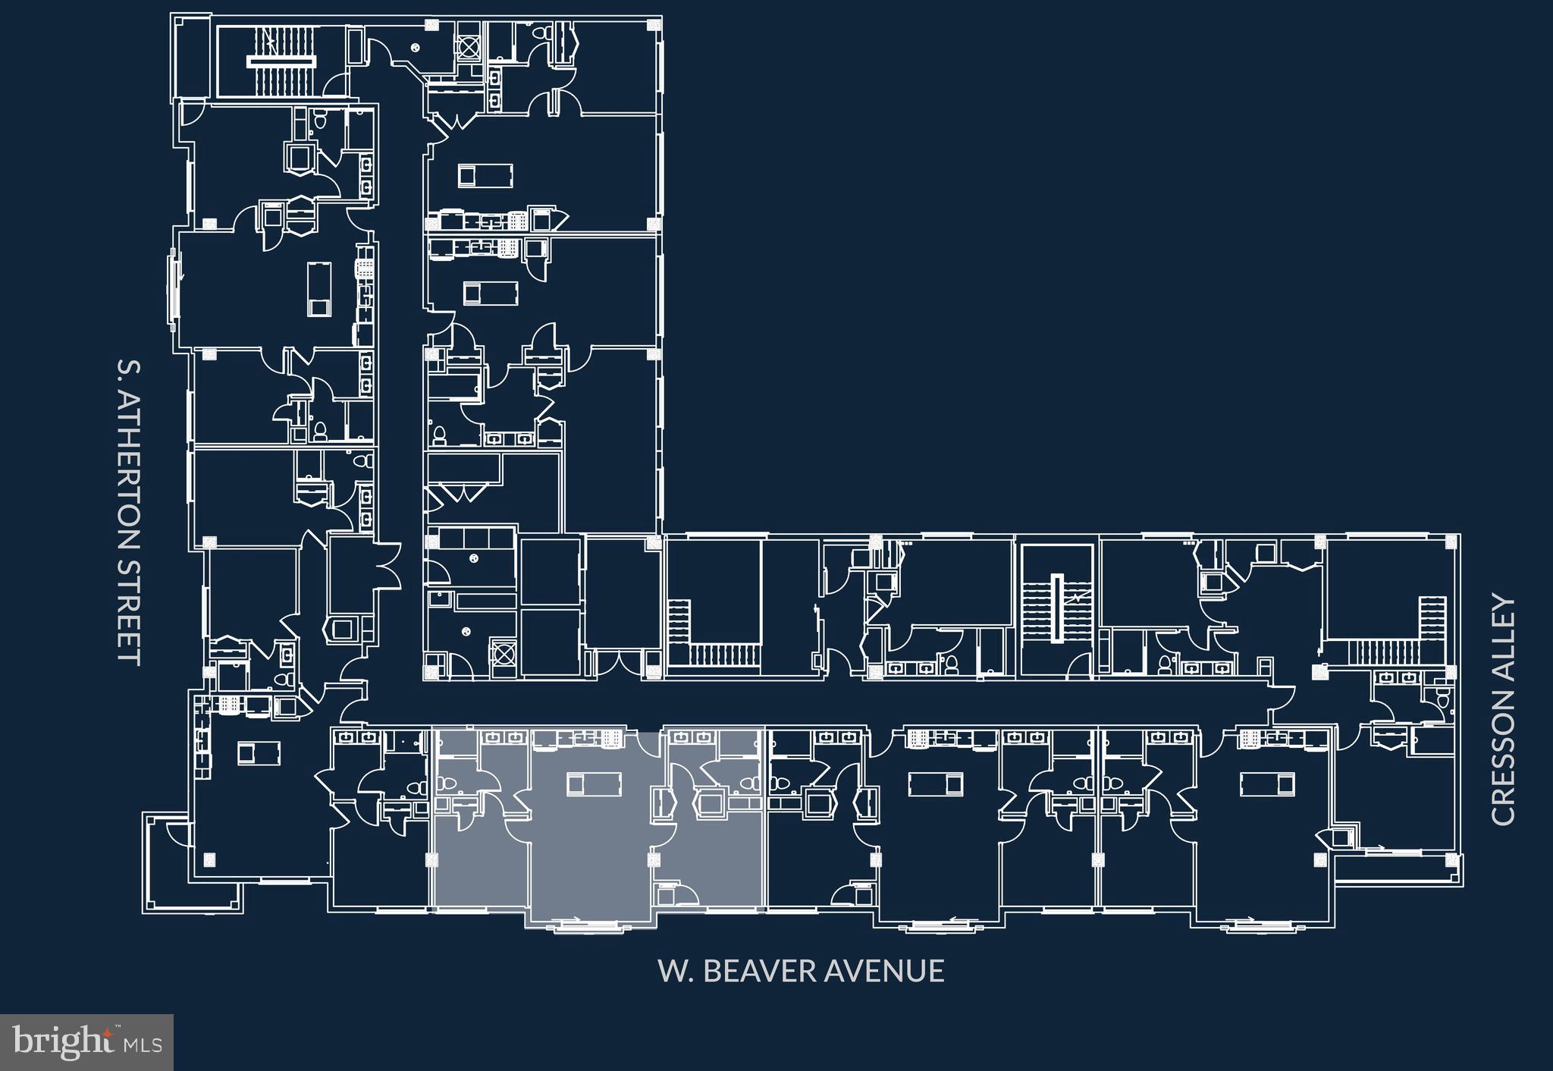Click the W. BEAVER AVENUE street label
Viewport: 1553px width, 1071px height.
tap(801, 971)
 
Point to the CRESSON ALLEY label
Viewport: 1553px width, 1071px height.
tap(1502, 710)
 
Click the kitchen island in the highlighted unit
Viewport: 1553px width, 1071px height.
tap(595, 784)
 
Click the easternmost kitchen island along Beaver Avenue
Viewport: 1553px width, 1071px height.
tap(1266, 784)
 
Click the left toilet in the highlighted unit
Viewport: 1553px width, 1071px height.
tap(448, 785)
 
